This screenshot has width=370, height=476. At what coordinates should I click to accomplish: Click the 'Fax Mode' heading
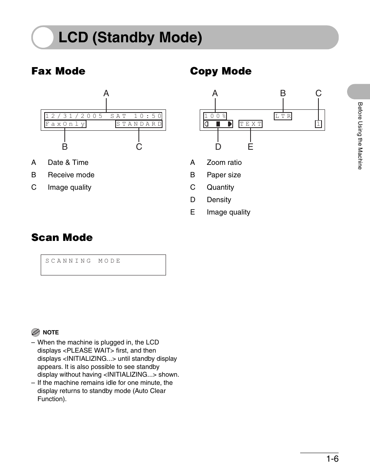[58, 71]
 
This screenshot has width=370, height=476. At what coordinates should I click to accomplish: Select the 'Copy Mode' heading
[221, 71]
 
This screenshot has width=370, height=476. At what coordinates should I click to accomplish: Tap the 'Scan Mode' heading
[62, 237]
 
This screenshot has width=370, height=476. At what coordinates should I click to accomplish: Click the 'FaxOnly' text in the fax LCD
[65, 124]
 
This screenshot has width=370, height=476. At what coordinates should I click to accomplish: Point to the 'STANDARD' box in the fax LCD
[139, 124]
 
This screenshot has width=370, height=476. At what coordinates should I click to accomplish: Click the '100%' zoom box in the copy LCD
[215, 116]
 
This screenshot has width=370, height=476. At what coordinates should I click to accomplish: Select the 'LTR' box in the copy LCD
[283, 116]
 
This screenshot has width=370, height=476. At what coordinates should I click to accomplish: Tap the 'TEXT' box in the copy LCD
[251, 124]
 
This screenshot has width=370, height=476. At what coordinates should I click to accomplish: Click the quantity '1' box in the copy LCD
[318, 124]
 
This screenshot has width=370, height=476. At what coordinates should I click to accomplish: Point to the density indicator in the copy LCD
[218, 124]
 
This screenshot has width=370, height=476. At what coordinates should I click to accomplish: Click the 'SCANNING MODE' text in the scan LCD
[83, 261]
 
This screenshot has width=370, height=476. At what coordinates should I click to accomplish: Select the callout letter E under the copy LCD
[251, 147]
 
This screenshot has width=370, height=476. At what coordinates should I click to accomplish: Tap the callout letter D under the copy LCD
[218, 147]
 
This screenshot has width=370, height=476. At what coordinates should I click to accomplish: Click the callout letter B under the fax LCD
[65, 147]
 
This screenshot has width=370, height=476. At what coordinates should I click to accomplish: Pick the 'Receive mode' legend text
[71, 175]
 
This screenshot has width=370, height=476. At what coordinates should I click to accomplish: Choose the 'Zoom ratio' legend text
[224, 163]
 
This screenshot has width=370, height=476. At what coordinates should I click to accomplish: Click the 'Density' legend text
[219, 200]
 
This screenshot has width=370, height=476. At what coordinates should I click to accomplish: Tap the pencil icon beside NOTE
[36, 332]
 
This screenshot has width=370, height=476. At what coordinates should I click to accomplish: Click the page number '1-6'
[332, 459]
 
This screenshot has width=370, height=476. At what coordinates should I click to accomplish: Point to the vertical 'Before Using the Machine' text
[360, 136]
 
